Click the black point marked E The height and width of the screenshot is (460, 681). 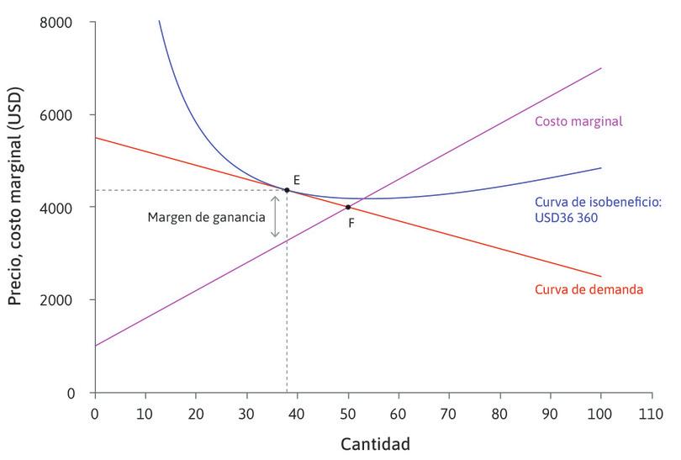(288, 190)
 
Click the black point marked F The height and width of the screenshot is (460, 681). (348, 207)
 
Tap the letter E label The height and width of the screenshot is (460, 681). (297, 180)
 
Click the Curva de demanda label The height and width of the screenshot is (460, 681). (589, 290)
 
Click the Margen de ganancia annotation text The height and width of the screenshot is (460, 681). (206, 216)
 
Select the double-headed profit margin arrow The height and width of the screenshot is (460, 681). (275, 216)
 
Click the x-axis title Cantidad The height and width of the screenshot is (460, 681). (375, 442)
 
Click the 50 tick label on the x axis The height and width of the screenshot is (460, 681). (348, 412)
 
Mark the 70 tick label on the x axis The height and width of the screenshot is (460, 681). (450, 412)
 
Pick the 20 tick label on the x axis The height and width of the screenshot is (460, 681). (196, 412)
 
